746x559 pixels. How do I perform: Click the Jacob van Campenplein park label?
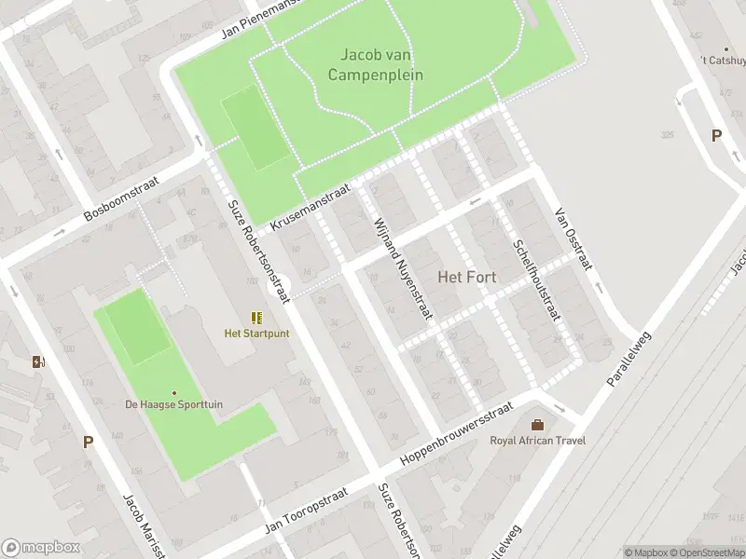point(376,64)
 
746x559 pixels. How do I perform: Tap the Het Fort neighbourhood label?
point(467,277)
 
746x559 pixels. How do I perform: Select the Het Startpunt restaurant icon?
point(256,318)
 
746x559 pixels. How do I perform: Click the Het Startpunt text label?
point(256,334)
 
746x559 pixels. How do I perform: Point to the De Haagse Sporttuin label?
point(174,404)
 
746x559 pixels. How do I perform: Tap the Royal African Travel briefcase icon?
point(537,425)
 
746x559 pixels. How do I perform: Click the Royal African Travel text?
point(537,441)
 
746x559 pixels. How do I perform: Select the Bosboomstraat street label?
point(122,199)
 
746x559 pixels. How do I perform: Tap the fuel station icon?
point(38,361)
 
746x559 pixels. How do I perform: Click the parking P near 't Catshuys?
point(716,136)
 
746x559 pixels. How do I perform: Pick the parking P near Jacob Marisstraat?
point(88,443)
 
